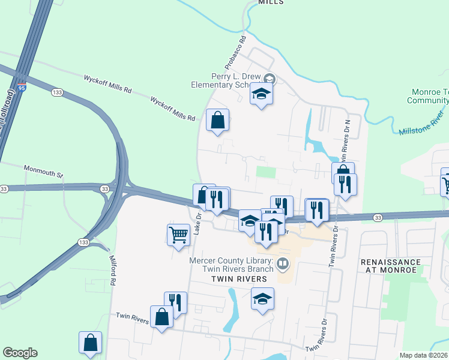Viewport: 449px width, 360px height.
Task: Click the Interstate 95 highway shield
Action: click(22, 88)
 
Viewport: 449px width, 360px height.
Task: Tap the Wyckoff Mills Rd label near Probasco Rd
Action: click(173, 109)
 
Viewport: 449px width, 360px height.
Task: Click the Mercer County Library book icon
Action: click(282, 263)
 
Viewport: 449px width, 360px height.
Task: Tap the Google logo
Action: click(20, 353)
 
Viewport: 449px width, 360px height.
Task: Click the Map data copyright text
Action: click(424, 355)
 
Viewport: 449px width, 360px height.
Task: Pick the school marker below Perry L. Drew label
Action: click(261, 94)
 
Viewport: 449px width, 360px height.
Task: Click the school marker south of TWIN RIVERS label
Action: click(262, 298)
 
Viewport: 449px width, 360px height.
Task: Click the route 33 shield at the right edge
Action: click(378, 217)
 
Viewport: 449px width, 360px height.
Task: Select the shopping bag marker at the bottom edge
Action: click(90, 343)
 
